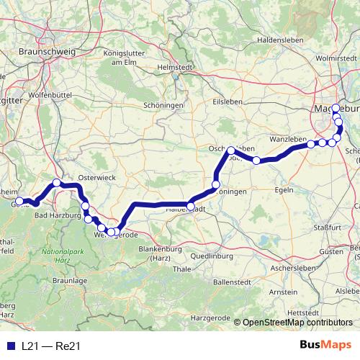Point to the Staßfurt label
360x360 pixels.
pyautogui.click(x=328, y=227)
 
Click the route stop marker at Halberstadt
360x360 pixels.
pyautogui.click(x=190, y=206)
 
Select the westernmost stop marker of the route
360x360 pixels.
pyautogui.click(x=19, y=202)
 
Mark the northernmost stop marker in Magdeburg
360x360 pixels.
pyautogui.click(x=336, y=108)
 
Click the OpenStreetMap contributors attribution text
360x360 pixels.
pyautogui.click(x=297, y=323)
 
